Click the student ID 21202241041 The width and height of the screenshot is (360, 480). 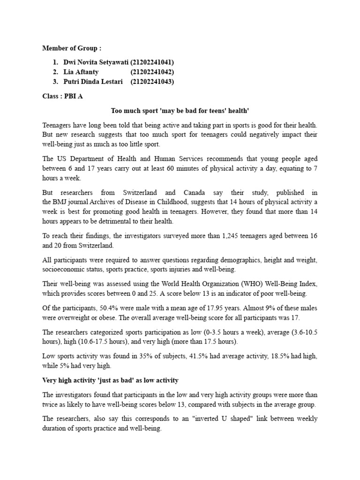[x=152, y=62]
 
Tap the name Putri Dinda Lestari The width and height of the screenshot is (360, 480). [x=93, y=82]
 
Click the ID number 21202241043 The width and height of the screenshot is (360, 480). [x=152, y=82]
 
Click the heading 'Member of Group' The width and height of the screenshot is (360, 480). [x=71, y=48]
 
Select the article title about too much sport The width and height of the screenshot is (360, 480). [x=180, y=111]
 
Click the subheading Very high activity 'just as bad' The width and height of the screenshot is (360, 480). [x=111, y=380]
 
